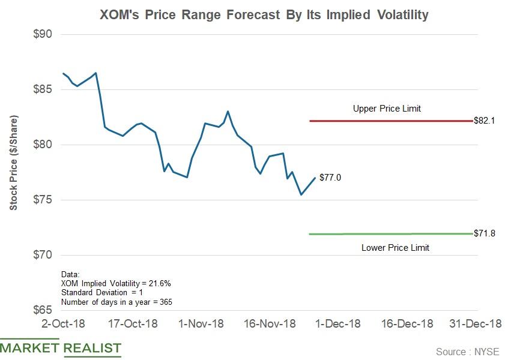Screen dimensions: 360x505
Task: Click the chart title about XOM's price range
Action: (x=264, y=14)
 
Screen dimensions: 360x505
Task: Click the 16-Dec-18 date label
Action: (x=407, y=324)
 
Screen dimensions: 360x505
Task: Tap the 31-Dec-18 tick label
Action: (x=476, y=324)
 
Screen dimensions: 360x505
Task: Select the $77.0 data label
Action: (x=330, y=178)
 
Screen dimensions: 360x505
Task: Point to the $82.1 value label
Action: (x=483, y=121)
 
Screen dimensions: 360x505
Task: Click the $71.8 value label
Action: (x=483, y=233)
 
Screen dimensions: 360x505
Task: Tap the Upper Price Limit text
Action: (x=387, y=109)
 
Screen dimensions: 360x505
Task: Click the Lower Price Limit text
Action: (x=395, y=247)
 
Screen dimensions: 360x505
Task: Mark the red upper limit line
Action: (x=390, y=121)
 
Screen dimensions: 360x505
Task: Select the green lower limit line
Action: (x=390, y=233)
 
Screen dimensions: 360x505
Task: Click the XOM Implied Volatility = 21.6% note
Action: (x=111, y=283)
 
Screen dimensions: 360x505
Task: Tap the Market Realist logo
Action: (x=61, y=348)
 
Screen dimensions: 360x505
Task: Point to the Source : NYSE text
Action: (x=467, y=352)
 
